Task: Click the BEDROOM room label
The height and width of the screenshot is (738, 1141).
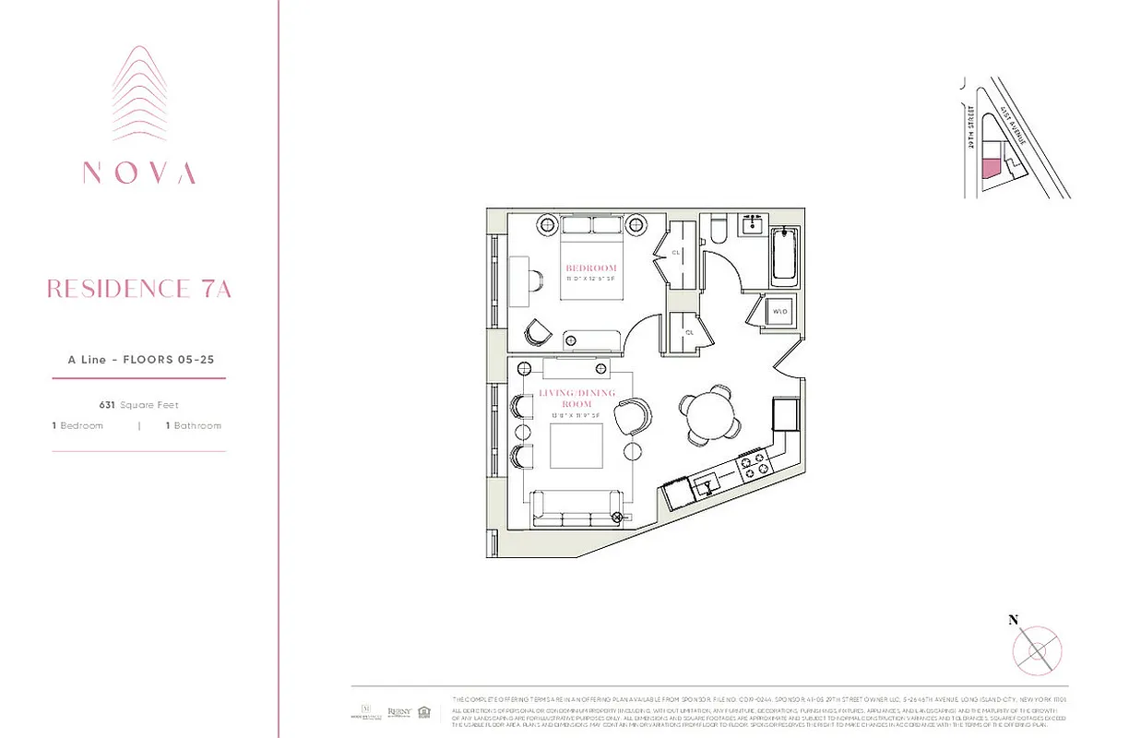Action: pyautogui.click(x=591, y=268)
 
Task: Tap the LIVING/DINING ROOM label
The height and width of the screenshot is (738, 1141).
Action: pyautogui.click(x=569, y=399)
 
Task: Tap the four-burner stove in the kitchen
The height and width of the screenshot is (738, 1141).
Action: pyautogui.click(x=755, y=464)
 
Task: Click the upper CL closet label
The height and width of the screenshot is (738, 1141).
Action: pyautogui.click(x=675, y=251)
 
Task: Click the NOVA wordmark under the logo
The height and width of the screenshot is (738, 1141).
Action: pyautogui.click(x=139, y=173)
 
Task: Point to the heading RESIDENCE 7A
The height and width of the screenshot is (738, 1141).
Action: pyautogui.click(x=139, y=289)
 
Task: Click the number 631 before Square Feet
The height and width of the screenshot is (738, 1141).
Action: pyautogui.click(x=108, y=405)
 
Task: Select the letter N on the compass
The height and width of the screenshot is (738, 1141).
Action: pyautogui.click(x=1013, y=620)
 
